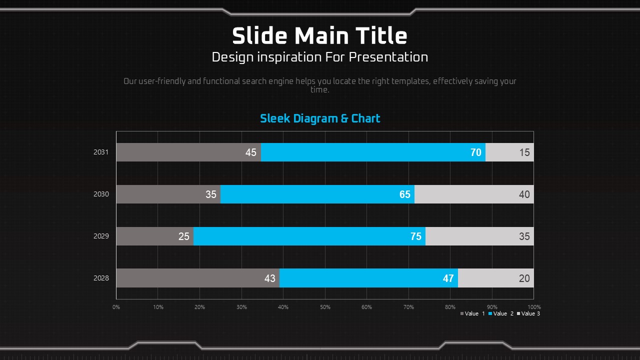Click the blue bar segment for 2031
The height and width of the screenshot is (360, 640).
pyautogui.click(x=373, y=152)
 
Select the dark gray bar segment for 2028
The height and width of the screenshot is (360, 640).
pyautogui.click(x=197, y=278)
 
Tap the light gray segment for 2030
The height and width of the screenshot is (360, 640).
pyautogui.click(x=474, y=194)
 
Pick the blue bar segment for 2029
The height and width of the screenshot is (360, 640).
pyautogui.click(x=309, y=236)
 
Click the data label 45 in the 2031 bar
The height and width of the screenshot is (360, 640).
pyautogui.click(x=251, y=152)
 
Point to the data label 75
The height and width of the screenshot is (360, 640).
pyautogui.click(x=416, y=236)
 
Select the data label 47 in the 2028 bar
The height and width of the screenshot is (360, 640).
pyautogui.click(x=448, y=278)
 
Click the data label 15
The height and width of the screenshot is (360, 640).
pyautogui.click(x=524, y=152)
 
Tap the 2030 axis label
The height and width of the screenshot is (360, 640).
pyautogui.click(x=101, y=194)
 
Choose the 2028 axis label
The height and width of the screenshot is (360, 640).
pyautogui.click(x=101, y=278)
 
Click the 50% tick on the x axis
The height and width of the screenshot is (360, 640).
pyautogui.click(x=325, y=307)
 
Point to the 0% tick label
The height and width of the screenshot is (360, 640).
pyautogui.click(x=116, y=307)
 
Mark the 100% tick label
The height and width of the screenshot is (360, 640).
pyautogui.click(x=534, y=307)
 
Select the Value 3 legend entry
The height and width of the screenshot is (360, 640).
pyautogui.click(x=528, y=313)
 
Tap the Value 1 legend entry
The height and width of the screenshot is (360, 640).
pyautogui.click(x=472, y=313)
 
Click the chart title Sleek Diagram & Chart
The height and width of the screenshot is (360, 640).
pyautogui.click(x=320, y=118)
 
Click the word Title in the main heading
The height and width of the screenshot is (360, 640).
pyautogui.click(x=381, y=36)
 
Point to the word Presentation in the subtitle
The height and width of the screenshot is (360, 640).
pyautogui.click(x=388, y=57)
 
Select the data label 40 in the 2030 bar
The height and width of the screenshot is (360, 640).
pyautogui.click(x=524, y=194)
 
